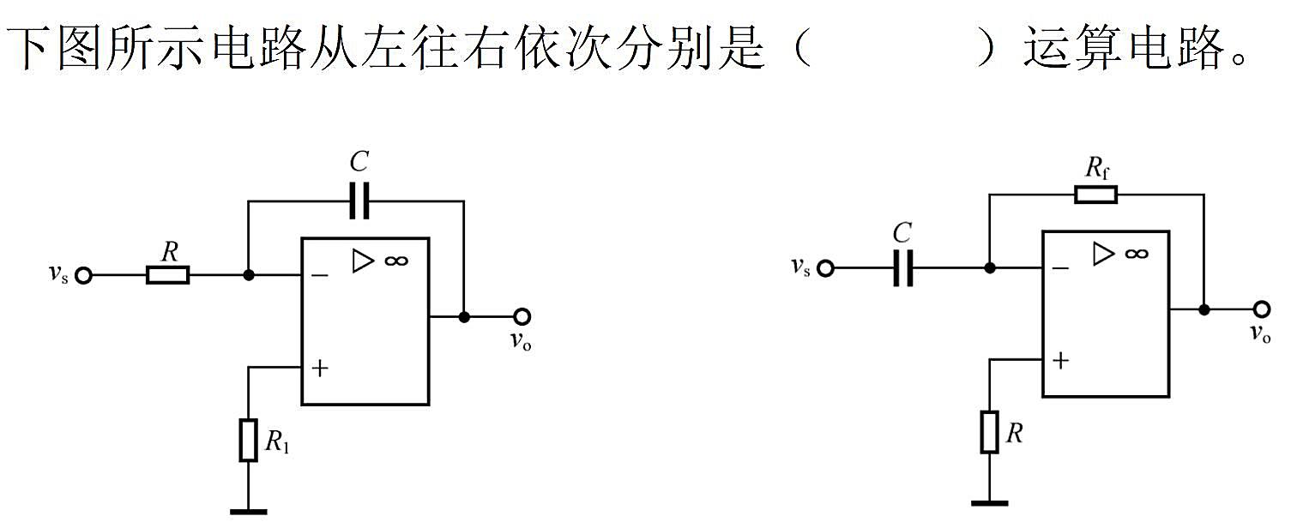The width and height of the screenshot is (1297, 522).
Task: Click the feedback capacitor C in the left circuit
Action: tap(359, 201)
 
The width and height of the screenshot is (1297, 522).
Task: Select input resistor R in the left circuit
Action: tap(167, 275)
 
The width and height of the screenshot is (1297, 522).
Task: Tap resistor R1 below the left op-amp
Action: tap(249, 440)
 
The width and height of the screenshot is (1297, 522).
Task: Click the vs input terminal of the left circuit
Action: tap(84, 276)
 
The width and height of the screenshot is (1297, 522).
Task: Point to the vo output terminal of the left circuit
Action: tap(522, 316)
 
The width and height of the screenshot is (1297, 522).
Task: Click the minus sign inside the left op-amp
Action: tap(320, 275)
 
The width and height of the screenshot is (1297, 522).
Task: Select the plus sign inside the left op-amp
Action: tap(320, 368)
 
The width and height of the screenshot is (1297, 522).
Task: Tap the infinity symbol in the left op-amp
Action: tap(396, 261)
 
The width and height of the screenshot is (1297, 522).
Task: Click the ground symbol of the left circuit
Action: tap(249, 512)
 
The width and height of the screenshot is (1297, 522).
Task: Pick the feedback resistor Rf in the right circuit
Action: tap(1096, 195)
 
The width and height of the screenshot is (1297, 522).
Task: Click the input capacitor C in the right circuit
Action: tap(902, 268)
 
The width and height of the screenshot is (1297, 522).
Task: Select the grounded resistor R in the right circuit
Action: tap(990, 432)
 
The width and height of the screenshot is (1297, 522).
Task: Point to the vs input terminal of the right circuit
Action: tap(825, 268)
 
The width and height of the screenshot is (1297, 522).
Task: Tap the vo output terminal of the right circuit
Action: tap(1262, 309)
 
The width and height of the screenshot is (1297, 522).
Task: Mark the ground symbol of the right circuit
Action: tap(990, 503)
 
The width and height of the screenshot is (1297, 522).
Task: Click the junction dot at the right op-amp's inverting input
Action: tap(990, 268)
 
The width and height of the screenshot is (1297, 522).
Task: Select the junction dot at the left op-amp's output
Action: tap(464, 317)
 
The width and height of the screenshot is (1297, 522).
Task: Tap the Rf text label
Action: tap(1097, 168)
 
